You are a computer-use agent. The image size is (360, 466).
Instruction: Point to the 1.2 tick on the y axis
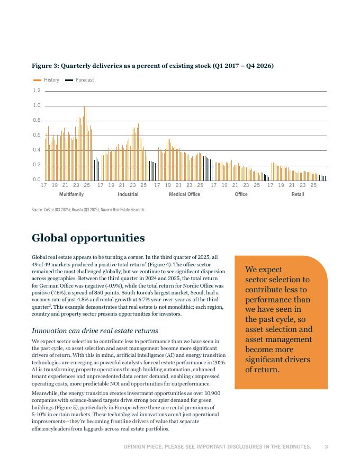tap(37, 91)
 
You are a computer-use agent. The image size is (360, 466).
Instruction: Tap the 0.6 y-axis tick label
tap(37, 136)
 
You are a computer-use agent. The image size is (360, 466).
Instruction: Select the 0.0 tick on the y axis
tap(37, 180)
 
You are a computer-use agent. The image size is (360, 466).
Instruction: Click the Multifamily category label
tap(71, 194)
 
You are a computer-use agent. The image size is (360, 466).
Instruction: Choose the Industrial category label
tap(128, 194)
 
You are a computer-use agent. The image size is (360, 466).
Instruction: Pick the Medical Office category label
tap(184, 194)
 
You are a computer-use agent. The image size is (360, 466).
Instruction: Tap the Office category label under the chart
tap(241, 194)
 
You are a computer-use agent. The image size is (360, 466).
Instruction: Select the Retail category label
tap(298, 194)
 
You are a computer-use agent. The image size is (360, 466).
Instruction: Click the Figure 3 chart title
tap(152, 66)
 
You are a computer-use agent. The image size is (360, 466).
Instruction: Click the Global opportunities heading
tap(88, 238)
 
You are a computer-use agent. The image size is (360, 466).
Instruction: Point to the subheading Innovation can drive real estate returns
tap(95, 331)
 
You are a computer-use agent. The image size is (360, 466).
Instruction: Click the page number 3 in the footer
tap(326, 447)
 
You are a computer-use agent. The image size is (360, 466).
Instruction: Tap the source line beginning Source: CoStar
tap(88, 210)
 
